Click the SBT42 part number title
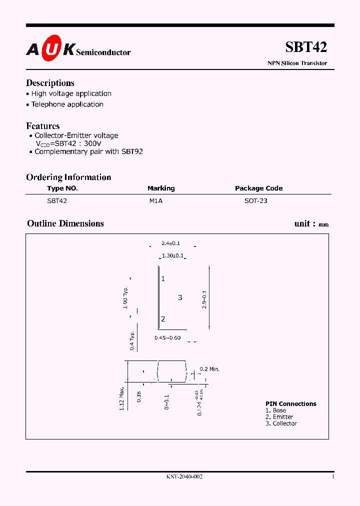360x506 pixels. tap(306, 47)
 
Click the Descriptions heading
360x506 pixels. tap(50, 83)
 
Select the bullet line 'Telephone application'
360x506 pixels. tap(67, 104)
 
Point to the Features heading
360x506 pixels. tap(43, 126)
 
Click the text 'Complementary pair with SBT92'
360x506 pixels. tap(88, 151)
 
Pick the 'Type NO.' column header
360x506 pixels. tap(62, 188)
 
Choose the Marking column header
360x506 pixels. tap(161, 188)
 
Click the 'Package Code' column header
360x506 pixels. tap(258, 188)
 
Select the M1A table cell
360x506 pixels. tap(156, 201)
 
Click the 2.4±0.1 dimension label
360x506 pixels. tap(170, 243)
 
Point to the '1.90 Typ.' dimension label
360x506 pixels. tap(125, 297)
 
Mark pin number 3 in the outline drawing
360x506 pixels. tap(180, 297)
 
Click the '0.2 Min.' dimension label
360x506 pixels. tap(209, 369)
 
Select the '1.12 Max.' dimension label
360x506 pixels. tap(121, 399)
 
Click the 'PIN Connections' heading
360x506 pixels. tap(290, 404)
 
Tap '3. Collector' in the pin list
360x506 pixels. tap(281, 423)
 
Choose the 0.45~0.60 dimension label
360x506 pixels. tap(167, 338)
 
